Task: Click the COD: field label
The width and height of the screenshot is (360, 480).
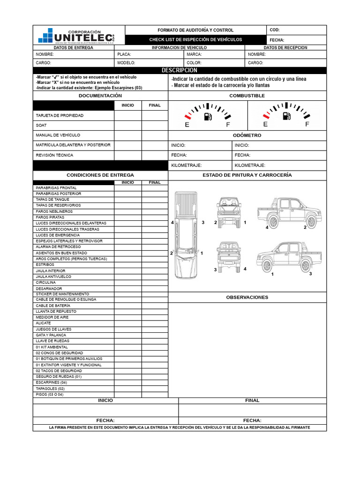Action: [275, 30]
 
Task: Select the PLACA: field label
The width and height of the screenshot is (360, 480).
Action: [124, 54]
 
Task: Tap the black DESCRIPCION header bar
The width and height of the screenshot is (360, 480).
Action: [180, 70]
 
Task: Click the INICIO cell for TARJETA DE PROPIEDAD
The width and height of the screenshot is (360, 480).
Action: [128, 115]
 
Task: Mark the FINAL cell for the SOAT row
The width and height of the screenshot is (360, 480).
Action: [155, 126]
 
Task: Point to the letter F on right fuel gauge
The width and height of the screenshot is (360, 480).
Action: [307, 125]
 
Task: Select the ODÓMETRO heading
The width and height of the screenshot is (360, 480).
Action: [247, 135]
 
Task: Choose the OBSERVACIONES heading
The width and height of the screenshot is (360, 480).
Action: [247, 297]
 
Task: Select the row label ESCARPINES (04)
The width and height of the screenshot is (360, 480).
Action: [52, 382]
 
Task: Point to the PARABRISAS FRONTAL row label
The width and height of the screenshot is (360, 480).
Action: [56, 188]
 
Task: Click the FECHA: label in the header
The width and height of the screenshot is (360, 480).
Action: [277, 40]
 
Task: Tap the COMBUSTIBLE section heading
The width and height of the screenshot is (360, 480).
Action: [247, 96]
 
